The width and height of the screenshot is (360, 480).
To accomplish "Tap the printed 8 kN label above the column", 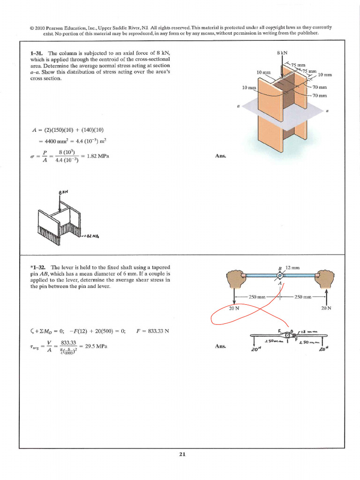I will pos(283,53).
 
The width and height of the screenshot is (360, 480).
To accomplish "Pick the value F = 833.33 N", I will pos(152,331).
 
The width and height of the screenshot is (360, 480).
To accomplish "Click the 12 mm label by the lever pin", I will pos(292,268).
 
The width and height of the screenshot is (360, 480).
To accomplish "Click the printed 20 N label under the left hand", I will pos(234,308).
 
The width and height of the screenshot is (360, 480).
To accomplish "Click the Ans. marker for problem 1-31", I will pos(221,156).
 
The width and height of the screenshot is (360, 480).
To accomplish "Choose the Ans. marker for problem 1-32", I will pos(221,346).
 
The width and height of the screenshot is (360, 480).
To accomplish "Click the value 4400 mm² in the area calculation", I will pos(54,140).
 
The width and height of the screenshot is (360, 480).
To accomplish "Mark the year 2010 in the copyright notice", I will pos(43,28).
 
